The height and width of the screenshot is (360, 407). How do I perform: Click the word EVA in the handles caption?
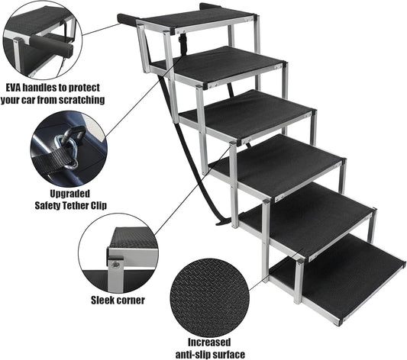pos(13,88)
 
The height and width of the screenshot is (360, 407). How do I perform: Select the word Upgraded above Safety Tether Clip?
pos(69,194)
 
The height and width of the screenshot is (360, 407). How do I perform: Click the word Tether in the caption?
pos(74,205)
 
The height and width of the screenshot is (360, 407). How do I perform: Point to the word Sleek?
pos(103,301)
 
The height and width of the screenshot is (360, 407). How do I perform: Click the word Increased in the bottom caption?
pos(209,342)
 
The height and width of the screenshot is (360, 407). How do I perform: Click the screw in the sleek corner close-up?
pos(116,265)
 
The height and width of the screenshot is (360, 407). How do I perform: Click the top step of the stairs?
pos(197,19)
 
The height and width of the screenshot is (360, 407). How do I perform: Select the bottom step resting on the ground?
pos(338,278)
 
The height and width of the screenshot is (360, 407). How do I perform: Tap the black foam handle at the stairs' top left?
pos(128,20)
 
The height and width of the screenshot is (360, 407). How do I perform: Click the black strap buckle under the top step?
pos(181,41)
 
